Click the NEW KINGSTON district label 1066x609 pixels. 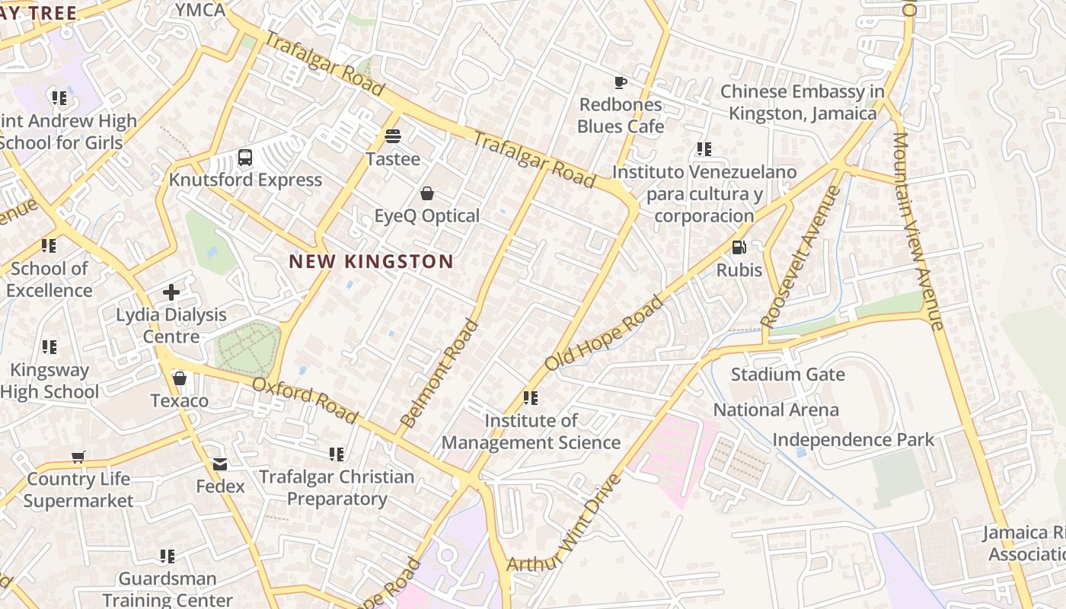371,262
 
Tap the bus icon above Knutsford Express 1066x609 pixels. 244,158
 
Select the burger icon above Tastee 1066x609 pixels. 393,136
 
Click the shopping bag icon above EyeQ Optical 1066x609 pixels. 427,193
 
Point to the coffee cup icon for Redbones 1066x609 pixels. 621,82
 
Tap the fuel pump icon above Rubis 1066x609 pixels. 739,247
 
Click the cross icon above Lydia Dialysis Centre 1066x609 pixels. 171,292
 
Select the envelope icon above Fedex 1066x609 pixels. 220,464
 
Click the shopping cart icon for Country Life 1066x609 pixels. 78,457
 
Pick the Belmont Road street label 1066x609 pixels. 439,373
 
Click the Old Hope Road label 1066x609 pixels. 605,333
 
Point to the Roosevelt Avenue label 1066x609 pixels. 800,257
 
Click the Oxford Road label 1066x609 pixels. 305,400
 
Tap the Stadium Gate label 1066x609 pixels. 787,375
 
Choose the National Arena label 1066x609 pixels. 775,410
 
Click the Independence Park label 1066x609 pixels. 853,440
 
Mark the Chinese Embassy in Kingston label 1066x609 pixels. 803,102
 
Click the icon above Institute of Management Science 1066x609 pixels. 531,398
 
